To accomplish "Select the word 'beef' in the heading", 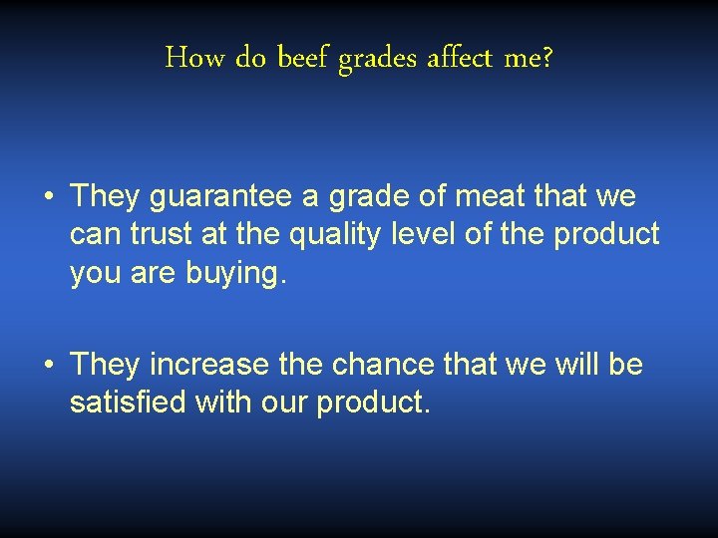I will pyautogui.click(x=304, y=59).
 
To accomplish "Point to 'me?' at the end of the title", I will pyautogui.click(x=529, y=59).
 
